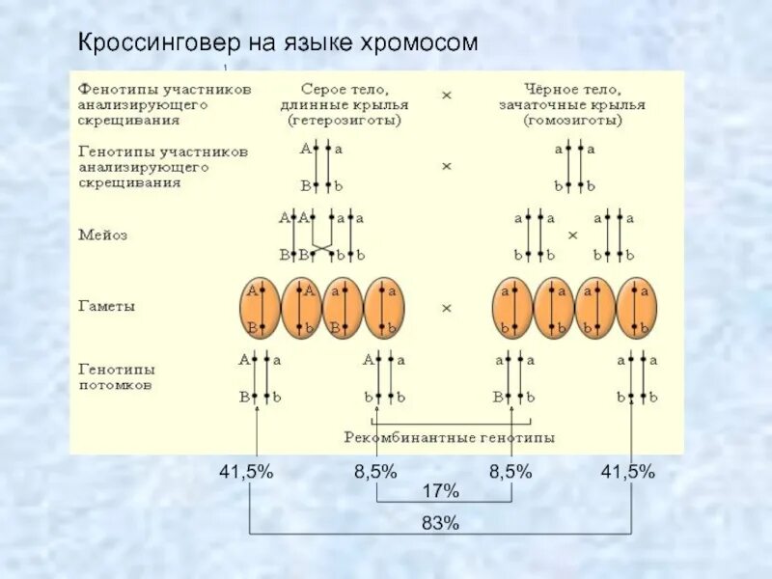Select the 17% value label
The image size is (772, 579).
click(440, 491)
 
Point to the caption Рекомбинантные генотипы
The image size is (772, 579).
click(450, 437)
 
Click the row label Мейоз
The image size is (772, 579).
click(102, 234)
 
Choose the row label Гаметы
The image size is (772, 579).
click(106, 306)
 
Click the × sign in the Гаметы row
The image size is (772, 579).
click(447, 307)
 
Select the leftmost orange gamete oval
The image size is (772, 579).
click(260, 307)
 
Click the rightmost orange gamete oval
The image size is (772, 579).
click(636, 307)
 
